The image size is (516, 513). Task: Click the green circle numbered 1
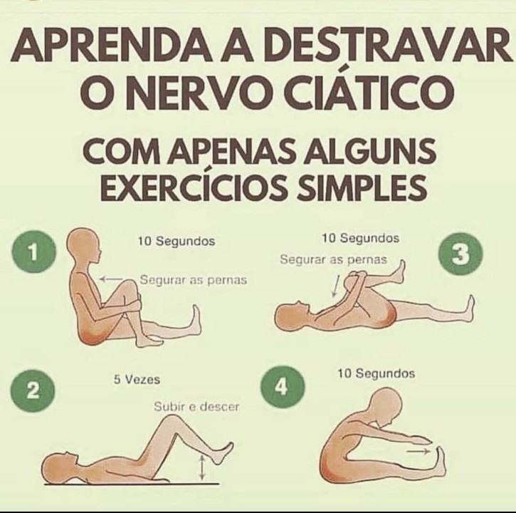[33, 252]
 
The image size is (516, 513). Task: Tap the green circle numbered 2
[33, 390]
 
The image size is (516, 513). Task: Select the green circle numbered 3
[460, 254]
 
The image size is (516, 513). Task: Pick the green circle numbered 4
[282, 387]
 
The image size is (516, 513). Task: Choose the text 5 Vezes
[137, 380]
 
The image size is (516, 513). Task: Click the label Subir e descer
[196, 408]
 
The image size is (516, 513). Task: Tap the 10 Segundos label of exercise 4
[376, 373]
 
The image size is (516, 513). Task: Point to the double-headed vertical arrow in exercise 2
[202, 467]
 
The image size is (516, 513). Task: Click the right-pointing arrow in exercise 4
[418, 451]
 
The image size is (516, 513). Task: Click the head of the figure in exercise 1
[83, 246]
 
